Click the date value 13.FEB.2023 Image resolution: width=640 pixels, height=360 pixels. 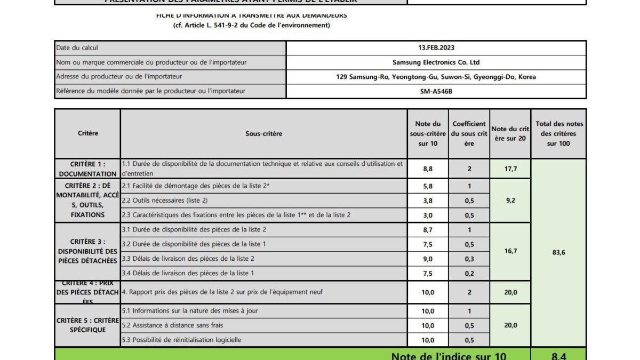436,47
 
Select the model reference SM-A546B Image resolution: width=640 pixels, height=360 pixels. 436,91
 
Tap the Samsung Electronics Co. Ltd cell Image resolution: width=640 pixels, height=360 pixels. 436,62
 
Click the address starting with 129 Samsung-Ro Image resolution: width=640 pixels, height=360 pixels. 436,77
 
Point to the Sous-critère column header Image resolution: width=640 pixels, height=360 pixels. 263,134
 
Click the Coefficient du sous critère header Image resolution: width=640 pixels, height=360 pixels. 469,133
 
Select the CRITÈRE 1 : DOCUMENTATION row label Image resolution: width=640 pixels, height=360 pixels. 87,169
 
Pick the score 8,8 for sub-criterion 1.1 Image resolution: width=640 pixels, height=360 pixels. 428,169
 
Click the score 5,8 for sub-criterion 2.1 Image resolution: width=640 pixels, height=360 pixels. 428,186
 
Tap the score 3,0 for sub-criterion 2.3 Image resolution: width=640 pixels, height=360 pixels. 428,215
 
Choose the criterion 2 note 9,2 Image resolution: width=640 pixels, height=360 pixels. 510,201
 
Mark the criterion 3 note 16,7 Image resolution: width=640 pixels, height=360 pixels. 510,251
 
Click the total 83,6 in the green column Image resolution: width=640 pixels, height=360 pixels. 559,252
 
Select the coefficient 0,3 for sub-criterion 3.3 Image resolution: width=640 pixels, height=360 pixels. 469,259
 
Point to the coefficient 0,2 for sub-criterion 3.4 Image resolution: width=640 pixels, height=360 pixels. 469,274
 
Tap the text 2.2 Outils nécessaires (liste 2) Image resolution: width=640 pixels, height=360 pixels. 165,201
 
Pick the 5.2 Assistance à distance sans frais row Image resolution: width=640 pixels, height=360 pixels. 173,325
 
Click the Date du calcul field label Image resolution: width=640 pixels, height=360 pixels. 77,48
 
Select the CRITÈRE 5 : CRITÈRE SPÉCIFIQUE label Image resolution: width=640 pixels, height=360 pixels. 87,325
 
